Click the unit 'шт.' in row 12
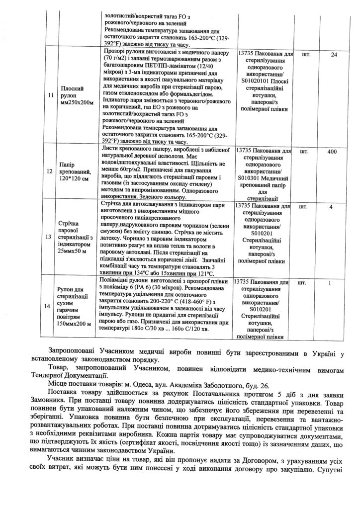point(306,151)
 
